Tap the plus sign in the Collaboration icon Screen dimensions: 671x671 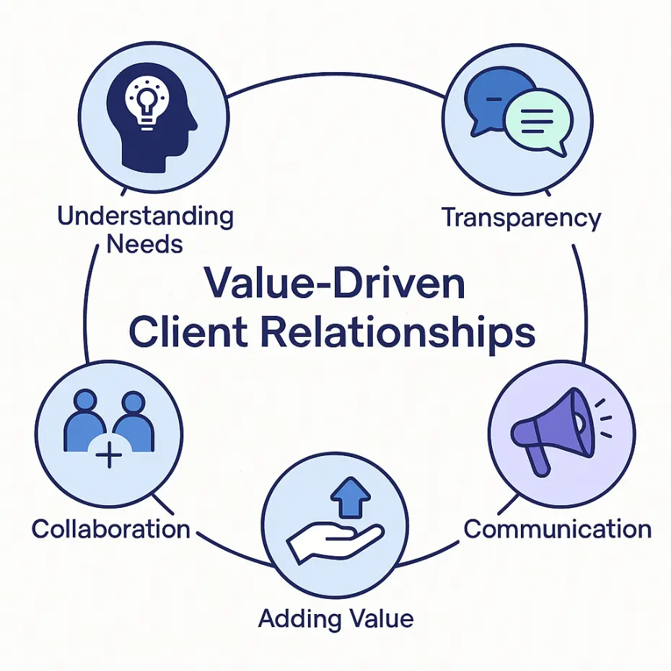pyautogui.click(x=108, y=456)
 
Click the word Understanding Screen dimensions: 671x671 pyautogui.click(x=145, y=216)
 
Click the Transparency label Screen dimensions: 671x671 pyautogui.click(x=521, y=217)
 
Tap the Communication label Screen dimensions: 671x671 pyautogui.click(x=557, y=529)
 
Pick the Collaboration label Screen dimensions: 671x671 pyautogui.click(x=110, y=529)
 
